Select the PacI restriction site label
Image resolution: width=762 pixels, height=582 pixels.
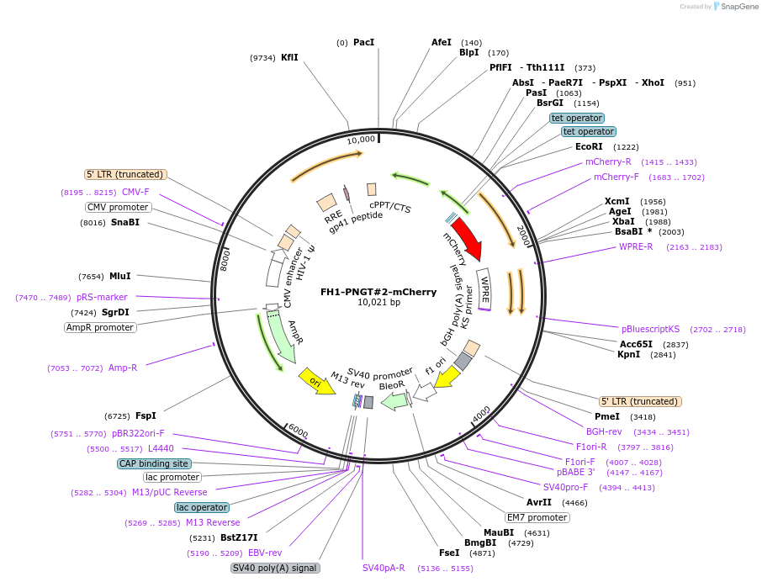(363, 42)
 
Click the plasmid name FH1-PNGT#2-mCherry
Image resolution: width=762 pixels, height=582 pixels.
(378, 292)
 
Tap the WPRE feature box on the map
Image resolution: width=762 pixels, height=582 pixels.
(484, 286)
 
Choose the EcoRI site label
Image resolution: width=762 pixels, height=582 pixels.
(589, 146)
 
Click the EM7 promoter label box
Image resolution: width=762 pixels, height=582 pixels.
(537, 517)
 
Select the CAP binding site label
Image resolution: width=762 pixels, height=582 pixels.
(154, 463)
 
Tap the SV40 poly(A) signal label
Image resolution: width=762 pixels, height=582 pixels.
(275, 568)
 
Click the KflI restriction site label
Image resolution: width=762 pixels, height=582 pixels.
(289, 57)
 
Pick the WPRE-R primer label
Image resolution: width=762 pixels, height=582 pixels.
(636, 246)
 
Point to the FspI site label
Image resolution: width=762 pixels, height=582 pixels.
(146, 415)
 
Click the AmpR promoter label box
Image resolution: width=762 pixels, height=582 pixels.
(100, 327)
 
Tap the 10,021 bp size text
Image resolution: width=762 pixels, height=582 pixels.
(378, 303)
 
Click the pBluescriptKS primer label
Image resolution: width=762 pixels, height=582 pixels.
(650, 329)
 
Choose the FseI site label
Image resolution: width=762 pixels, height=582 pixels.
(449, 553)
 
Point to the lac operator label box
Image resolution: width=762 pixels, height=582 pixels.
(201, 507)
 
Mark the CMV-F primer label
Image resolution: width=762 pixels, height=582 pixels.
(135, 192)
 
